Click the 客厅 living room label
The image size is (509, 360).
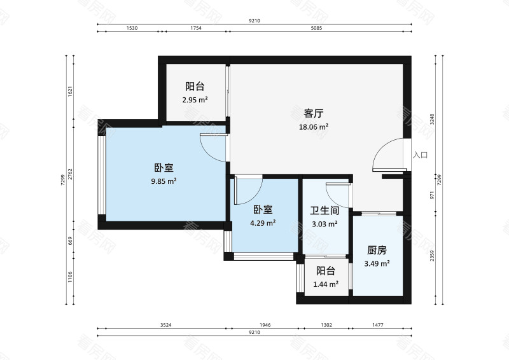(314, 114)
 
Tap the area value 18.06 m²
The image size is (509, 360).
(314, 127)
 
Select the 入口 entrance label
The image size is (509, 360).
(420, 155)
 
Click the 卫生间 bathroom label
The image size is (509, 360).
(324, 211)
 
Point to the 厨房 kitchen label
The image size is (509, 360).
(377, 251)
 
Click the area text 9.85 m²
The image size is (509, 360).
(164, 181)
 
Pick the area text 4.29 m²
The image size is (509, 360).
(263, 223)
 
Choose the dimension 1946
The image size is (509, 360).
(265, 325)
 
